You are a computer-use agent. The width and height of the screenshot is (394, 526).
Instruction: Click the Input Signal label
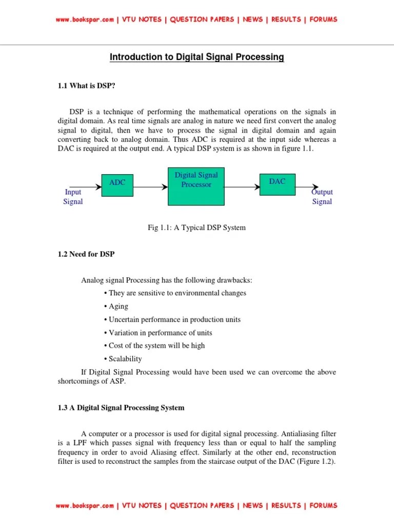click(x=73, y=197)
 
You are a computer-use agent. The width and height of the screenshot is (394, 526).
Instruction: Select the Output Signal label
click(x=322, y=197)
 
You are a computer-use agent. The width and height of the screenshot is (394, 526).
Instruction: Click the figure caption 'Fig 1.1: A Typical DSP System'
click(x=196, y=228)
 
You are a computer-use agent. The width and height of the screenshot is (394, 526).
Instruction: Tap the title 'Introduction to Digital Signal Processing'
click(x=196, y=57)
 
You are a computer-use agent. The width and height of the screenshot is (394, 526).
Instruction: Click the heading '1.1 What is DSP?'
click(x=86, y=86)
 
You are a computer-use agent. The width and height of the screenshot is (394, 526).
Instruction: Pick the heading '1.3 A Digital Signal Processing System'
click(x=121, y=408)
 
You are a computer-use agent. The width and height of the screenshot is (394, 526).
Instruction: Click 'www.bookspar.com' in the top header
click(x=85, y=20)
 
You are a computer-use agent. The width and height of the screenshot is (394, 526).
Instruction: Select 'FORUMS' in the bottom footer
click(x=324, y=505)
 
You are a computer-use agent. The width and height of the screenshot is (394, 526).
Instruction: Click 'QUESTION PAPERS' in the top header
click(x=202, y=20)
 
